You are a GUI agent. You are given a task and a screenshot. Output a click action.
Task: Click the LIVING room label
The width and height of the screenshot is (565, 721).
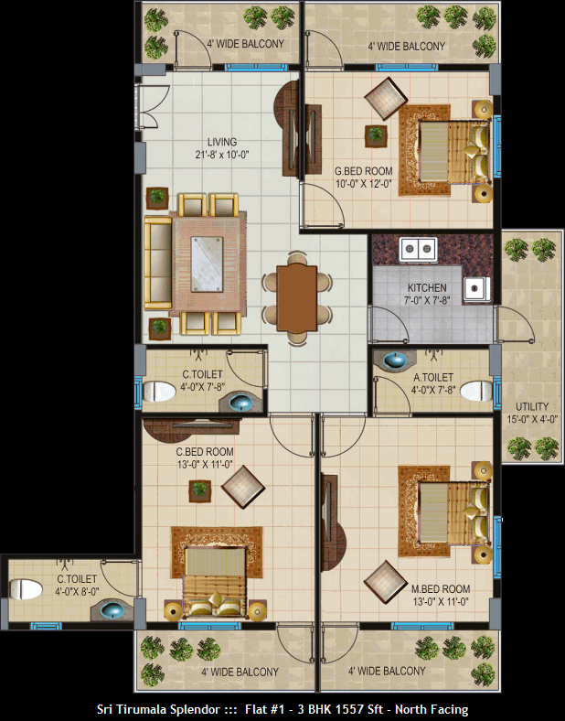pos(222,142)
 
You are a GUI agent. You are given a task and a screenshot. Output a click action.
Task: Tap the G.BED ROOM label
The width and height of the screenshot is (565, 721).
pos(363,171)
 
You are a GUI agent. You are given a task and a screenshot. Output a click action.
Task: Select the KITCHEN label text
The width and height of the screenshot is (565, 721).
pos(427,288)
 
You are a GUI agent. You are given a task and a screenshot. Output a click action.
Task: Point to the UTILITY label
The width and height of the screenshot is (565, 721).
pos(532,406)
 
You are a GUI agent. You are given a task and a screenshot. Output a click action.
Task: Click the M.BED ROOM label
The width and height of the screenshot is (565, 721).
pos(440,589)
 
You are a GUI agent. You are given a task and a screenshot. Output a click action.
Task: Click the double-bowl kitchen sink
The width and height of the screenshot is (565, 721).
pos(418,250)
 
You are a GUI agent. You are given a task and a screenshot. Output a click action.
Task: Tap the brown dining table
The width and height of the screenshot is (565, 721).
pos(297,298)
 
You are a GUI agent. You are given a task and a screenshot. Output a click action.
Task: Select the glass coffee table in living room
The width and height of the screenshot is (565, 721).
pos(207,264)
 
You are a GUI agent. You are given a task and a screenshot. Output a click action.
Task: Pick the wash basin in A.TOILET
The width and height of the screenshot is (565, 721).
pos(394,360)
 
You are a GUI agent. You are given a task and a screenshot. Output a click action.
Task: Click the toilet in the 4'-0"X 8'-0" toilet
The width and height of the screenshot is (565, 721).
pos(26,589)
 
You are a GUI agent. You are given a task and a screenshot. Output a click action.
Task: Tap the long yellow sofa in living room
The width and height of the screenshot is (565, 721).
pos(158,263)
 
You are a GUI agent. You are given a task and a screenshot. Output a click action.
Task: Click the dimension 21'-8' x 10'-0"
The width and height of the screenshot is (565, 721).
pos(222,155)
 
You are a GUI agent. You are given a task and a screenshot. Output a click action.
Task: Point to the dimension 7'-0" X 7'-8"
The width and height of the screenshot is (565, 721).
pos(427,300)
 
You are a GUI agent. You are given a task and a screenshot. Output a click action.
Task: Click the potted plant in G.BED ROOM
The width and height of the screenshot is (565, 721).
pos(376,136)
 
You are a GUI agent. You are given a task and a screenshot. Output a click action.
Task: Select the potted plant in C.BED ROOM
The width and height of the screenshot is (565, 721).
pos(200,491)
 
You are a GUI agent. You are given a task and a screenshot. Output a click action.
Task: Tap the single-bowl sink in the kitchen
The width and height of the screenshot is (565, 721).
pos(476,289)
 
